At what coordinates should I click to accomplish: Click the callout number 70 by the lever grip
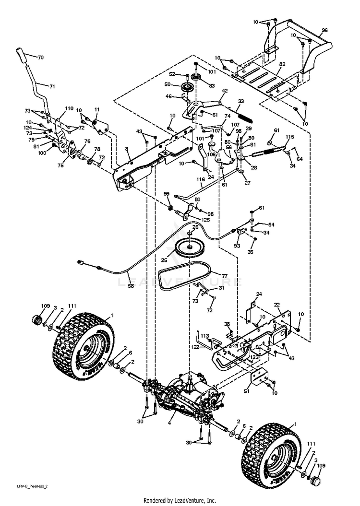tap(40, 58)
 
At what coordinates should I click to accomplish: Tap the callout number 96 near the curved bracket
tap(325, 30)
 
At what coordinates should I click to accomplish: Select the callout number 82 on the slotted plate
tap(282, 64)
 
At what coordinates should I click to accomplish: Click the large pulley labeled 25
tap(192, 247)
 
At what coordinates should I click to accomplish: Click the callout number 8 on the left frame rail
tap(127, 149)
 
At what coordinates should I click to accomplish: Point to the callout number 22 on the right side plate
tap(277, 305)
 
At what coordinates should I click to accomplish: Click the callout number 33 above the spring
tap(241, 101)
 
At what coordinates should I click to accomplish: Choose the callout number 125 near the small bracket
tap(205, 219)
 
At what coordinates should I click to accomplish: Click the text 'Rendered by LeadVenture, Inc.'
tap(180, 500)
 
